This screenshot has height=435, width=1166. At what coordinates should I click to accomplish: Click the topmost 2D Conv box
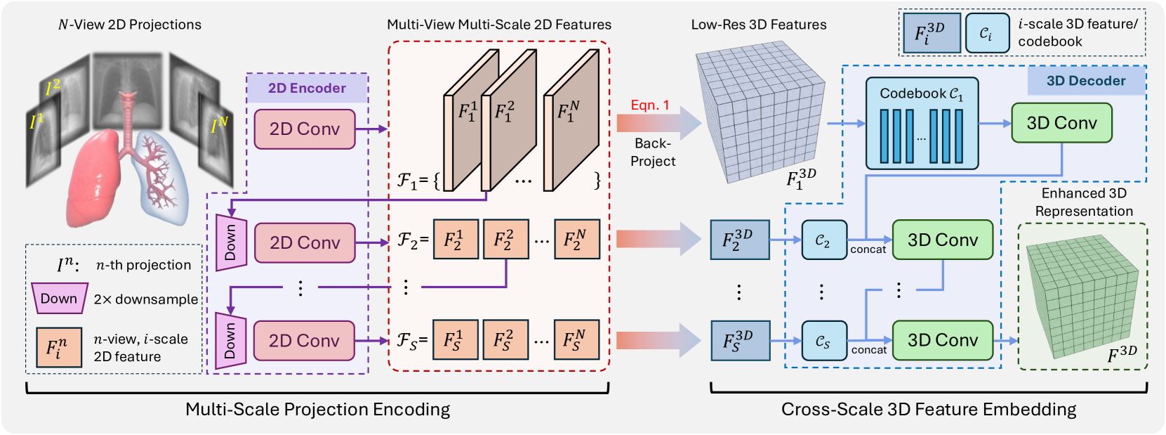point(305,129)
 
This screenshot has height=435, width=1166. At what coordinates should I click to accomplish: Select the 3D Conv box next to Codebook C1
point(1061,123)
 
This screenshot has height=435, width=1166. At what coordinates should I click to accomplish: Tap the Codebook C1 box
point(922,124)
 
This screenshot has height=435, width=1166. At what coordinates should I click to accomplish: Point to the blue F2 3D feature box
point(740,240)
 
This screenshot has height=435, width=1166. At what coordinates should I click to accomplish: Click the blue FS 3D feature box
point(740,341)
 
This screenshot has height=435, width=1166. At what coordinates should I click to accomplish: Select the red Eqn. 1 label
point(650,105)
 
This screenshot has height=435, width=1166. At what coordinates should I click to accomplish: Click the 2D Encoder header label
point(307,89)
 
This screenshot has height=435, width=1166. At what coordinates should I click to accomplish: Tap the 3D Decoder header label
point(1085,81)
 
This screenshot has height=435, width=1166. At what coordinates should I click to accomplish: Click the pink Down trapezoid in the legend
point(59,299)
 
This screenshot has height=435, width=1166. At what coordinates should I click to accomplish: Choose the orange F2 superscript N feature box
point(577,240)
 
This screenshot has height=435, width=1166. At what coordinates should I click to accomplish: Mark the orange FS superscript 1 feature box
point(456,341)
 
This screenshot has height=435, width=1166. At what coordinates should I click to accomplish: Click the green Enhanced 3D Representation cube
point(1082,297)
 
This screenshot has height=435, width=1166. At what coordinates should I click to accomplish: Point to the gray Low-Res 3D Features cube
point(760,112)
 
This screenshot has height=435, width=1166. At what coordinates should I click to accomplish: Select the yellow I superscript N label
point(219,126)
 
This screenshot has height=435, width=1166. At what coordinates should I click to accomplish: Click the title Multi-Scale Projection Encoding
point(317,410)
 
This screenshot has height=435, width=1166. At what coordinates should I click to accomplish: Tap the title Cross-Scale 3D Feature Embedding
point(928,410)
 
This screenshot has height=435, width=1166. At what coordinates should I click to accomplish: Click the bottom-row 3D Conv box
point(942,341)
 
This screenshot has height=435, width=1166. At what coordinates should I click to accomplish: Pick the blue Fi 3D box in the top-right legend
point(931,33)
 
